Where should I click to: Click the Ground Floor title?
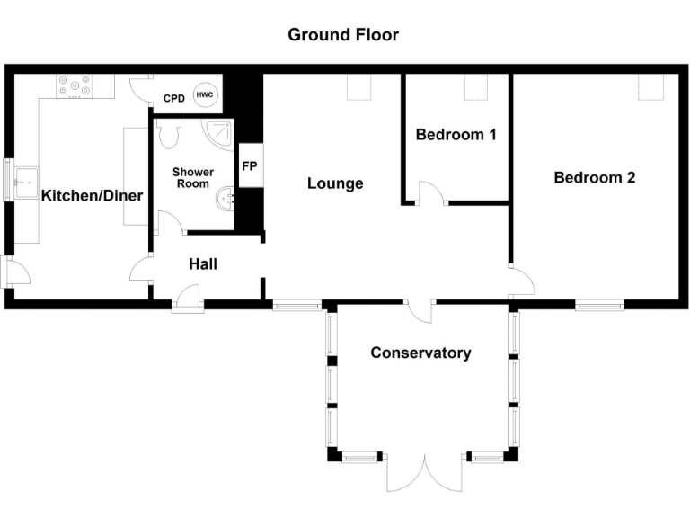click(343, 35)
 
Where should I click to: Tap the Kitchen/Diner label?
click(80, 195)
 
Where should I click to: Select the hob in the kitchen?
click(75, 85)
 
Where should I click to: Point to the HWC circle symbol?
click(205, 96)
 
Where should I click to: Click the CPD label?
click(173, 99)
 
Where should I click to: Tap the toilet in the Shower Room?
click(168, 135)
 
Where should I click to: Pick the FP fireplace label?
click(249, 166)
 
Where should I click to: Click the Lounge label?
click(335, 183)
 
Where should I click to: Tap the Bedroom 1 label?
click(456, 135)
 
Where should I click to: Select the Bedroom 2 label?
click(594, 177)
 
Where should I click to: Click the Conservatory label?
click(420, 353)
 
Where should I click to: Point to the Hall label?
click(202, 264)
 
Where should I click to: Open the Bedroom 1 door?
click(431, 193)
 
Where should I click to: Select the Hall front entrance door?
click(187, 299)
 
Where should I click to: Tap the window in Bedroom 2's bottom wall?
click(599, 306)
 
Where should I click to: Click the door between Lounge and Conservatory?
click(420, 309)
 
